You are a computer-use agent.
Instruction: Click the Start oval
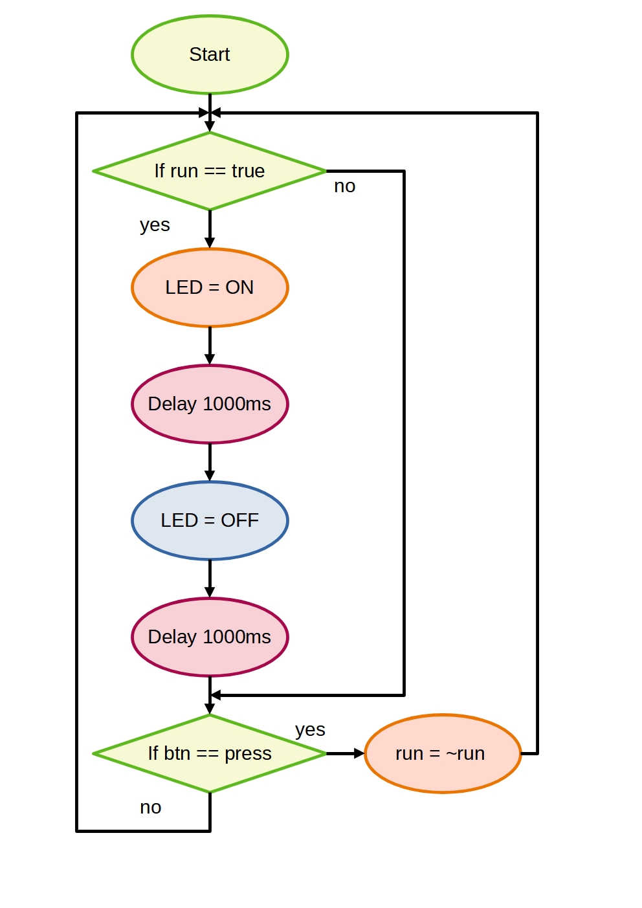pyautogui.click(x=210, y=54)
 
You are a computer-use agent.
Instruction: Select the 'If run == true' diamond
pyautogui.click(x=210, y=171)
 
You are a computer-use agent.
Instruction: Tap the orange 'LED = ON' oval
pyautogui.click(x=210, y=287)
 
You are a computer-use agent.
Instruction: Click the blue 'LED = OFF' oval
pyautogui.click(x=210, y=520)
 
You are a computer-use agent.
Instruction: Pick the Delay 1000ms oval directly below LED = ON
pyautogui.click(x=210, y=404)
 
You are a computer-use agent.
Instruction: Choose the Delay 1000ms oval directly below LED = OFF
pyautogui.click(x=210, y=637)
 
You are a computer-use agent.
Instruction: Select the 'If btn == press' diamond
pyautogui.click(x=210, y=753)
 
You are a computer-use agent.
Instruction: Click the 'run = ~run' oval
pyautogui.click(x=443, y=753)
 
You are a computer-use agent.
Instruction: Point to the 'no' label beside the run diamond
pyautogui.click(x=344, y=186)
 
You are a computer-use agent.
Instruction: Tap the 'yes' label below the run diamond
pyautogui.click(x=155, y=225)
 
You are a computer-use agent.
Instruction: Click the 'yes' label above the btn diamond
pyautogui.click(x=310, y=730)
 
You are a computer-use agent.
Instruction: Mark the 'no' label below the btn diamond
pyautogui.click(x=150, y=808)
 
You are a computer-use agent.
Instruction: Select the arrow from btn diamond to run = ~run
pyautogui.click(x=346, y=753)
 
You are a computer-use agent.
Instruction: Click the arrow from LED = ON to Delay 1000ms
pyautogui.click(x=210, y=346)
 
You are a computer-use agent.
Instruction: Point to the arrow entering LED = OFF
pyautogui.click(x=210, y=463)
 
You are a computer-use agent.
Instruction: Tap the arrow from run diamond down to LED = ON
pyautogui.click(x=210, y=230)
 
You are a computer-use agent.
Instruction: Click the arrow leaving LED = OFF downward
pyautogui.click(x=210, y=579)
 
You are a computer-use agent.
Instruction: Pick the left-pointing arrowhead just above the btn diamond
pyautogui.click(x=216, y=695)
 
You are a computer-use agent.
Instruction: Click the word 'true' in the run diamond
pyautogui.click(x=248, y=171)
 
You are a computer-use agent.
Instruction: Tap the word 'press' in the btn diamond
pyautogui.click(x=248, y=754)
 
